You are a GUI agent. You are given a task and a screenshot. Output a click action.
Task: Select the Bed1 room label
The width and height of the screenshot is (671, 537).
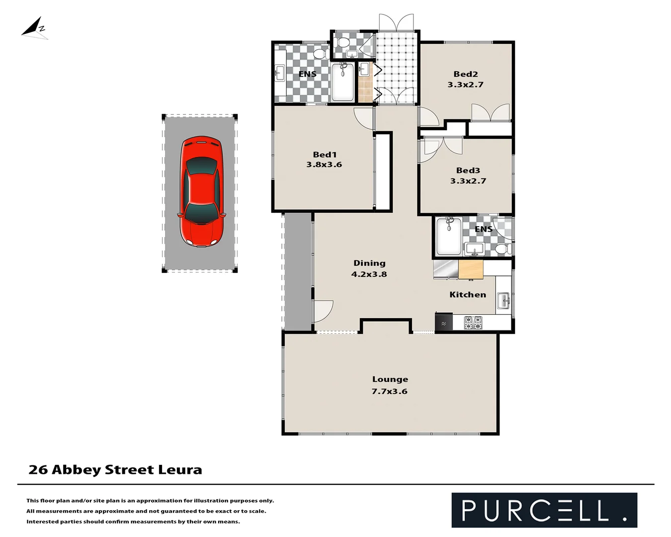(325, 155)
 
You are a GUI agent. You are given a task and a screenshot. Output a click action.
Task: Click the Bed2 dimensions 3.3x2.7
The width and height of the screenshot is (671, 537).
(465, 85)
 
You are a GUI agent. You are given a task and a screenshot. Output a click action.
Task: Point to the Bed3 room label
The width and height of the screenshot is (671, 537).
(468, 171)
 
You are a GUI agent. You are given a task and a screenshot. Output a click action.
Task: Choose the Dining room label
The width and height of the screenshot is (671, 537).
(369, 263)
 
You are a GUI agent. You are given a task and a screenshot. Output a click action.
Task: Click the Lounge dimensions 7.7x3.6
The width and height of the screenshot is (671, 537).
(390, 391)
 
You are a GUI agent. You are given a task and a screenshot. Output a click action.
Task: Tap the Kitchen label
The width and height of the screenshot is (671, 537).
(468, 295)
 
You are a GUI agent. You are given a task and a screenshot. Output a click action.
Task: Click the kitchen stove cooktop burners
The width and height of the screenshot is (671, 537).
(473, 323)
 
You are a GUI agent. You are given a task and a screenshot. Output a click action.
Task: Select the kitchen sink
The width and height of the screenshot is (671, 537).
(504, 300)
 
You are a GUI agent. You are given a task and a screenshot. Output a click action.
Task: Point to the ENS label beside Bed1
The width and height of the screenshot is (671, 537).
(307, 74)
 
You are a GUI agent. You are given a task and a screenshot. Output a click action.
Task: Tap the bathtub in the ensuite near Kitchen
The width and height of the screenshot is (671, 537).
(448, 236)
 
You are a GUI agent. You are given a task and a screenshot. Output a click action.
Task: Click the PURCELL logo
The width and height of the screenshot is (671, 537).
(544, 510)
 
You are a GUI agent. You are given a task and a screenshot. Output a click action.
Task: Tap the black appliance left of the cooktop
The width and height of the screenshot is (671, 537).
(443, 322)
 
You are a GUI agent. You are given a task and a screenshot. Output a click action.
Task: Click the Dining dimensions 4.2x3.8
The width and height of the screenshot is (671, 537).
(369, 274)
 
